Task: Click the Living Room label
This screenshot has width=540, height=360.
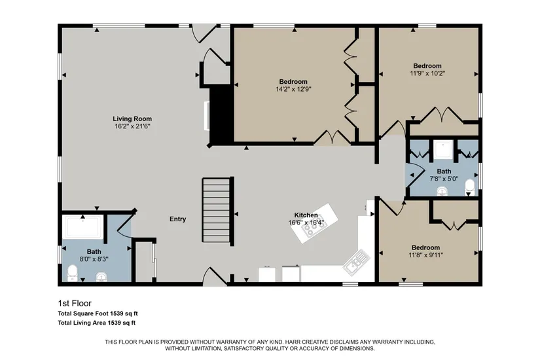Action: pyautogui.click(x=132, y=119)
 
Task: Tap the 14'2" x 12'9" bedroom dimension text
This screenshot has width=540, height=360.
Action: pyautogui.click(x=293, y=89)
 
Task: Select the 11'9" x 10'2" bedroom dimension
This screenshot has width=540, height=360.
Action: pyautogui.click(x=427, y=73)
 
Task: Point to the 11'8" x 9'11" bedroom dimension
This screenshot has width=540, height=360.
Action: pyautogui.click(x=426, y=255)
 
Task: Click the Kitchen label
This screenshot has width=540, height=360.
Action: pyautogui.click(x=306, y=215)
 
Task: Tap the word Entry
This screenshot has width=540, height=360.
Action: pyautogui.click(x=177, y=219)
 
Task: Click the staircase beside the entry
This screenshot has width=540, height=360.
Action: pyautogui.click(x=216, y=210)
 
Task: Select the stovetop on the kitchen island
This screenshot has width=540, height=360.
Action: pyautogui.click(x=312, y=228)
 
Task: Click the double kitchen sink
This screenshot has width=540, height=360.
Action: pyautogui.click(x=357, y=262)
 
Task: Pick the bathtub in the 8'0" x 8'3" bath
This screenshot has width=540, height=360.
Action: pyautogui.click(x=84, y=226)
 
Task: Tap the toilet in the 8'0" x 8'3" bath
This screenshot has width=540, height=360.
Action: pyautogui.click(x=73, y=272)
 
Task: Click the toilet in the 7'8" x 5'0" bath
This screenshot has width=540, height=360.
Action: pyautogui.click(x=470, y=187)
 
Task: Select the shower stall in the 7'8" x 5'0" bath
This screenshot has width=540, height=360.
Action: pyautogui.click(x=443, y=150)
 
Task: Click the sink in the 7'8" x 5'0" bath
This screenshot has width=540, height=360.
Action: pyautogui.click(x=442, y=191)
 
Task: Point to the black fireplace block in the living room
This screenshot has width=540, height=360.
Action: pyautogui.click(x=221, y=115)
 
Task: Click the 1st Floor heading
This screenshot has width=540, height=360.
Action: pyautogui.click(x=75, y=303)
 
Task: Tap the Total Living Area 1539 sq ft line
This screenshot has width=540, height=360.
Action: pyautogui.click(x=97, y=323)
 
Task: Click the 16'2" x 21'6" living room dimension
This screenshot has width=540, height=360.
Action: pyautogui.click(x=132, y=126)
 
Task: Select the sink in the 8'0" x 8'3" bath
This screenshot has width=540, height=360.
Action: pyautogui.click(x=101, y=276)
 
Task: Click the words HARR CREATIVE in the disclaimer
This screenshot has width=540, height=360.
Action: pyautogui.click(x=307, y=342)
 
